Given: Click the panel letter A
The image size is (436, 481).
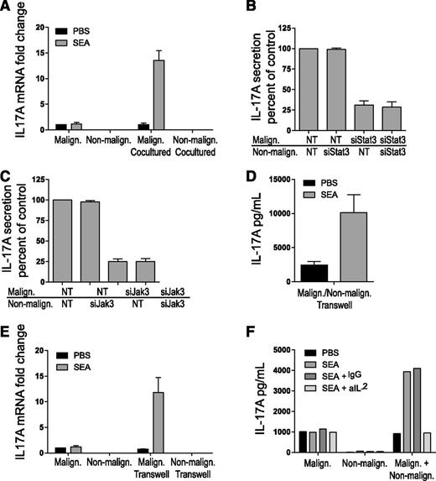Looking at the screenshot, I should pyautogui.click(x=7, y=8).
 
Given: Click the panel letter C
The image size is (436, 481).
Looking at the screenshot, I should pyautogui.click(x=7, y=171).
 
